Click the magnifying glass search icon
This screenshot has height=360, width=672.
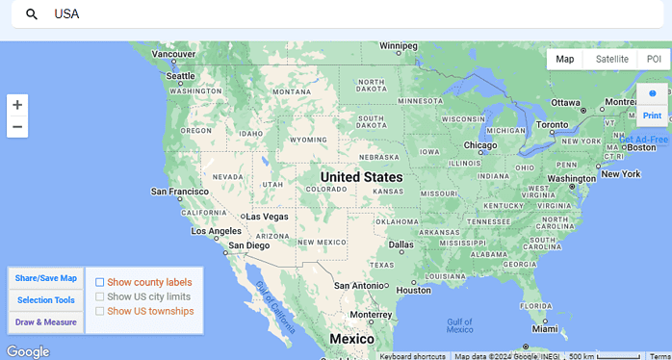tap(32, 14)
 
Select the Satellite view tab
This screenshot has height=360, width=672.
tap(611, 59)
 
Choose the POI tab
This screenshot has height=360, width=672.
tap(654, 59)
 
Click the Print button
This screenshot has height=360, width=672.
tap(652, 115)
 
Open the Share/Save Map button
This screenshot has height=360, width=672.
tap(46, 278)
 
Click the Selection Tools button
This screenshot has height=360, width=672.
tap(46, 300)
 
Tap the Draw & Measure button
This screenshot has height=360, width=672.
tap(46, 322)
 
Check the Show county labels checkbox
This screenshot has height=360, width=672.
tap(100, 282)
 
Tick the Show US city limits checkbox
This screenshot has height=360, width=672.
tap(100, 296)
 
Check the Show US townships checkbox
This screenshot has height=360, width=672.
tap(100, 311)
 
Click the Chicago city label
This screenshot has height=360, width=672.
tap(480, 146)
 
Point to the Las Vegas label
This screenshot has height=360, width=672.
tap(267, 216)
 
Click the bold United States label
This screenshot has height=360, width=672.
tap(361, 177)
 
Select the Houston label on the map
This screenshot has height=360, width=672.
tap(414, 290)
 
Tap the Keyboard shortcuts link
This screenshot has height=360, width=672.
tap(412, 356)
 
